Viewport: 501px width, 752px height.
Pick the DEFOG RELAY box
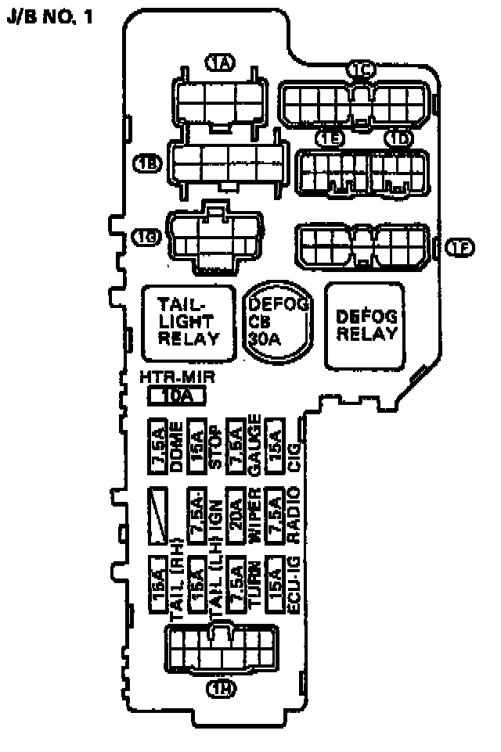click(366, 325)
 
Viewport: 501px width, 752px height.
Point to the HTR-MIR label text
click(177, 379)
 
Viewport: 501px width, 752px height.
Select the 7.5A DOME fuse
click(160, 449)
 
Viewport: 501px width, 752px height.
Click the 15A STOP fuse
click(197, 449)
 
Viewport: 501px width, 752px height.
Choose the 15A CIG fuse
click(273, 449)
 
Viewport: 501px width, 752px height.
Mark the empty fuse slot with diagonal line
click(160, 516)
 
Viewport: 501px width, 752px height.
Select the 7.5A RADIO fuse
click(273, 516)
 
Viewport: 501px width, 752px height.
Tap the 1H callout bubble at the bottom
click(221, 689)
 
